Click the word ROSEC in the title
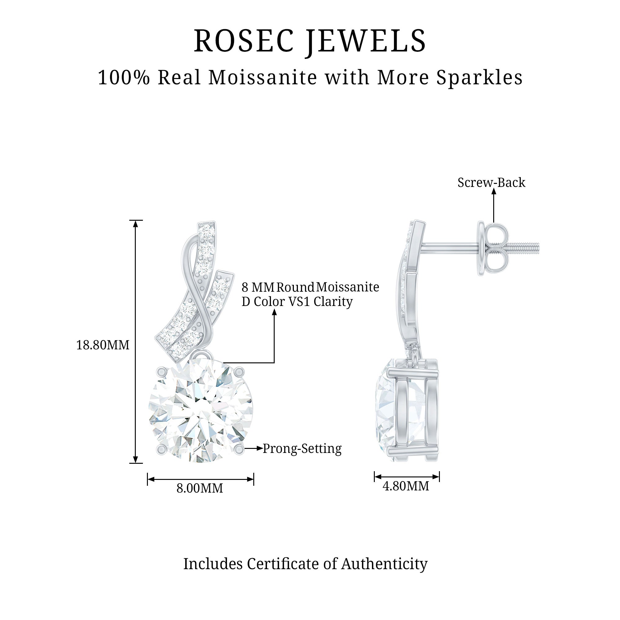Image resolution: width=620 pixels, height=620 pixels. pyautogui.click(x=244, y=41)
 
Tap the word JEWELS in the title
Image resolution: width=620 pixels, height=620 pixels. pyautogui.click(x=365, y=41)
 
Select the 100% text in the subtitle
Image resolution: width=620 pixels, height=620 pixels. pyautogui.click(x=124, y=78)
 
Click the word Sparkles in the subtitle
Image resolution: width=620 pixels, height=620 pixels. pyautogui.click(x=480, y=78)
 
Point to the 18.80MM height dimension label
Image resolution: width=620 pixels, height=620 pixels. pyautogui.click(x=103, y=345)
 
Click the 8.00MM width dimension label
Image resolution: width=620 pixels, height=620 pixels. pyautogui.click(x=200, y=489)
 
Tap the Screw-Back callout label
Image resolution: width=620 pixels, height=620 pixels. pyautogui.click(x=491, y=183)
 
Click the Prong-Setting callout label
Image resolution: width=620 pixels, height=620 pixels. pyautogui.click(x=302, y=449)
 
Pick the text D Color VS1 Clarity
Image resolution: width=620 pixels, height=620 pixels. pyautogui.click(x=297, y=302)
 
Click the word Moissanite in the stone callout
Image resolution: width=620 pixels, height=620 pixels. pyautogui.click(x=348, y=287)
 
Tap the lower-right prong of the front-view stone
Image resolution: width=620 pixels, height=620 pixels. pyautogui.click(x=238, y=449)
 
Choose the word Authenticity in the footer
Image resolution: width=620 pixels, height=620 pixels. pyautogui.click(x=384, y=564)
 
